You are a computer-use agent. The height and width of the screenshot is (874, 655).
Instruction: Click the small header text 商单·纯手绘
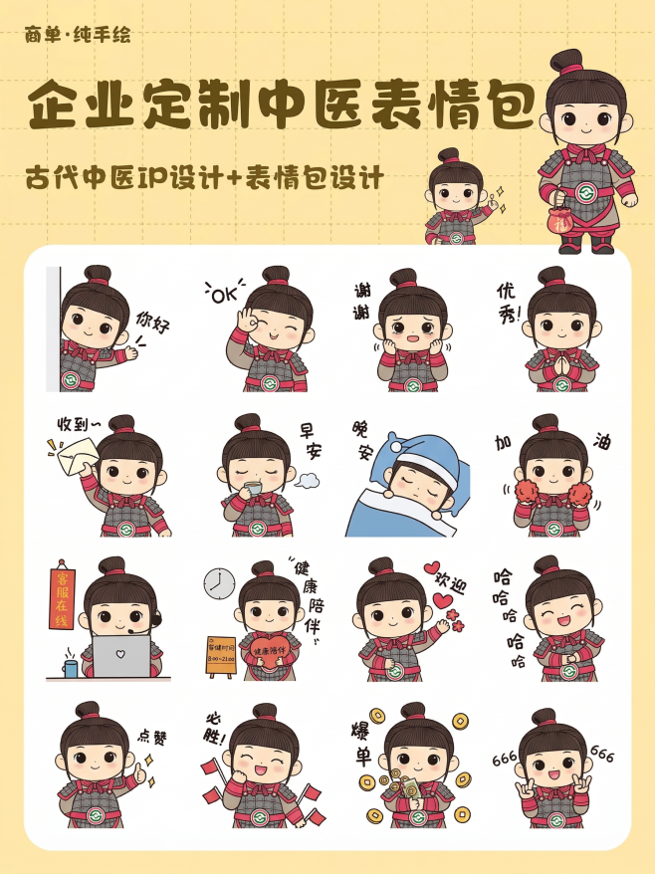(78, 37)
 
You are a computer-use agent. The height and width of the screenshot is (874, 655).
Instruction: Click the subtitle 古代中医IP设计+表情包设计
(204, 180)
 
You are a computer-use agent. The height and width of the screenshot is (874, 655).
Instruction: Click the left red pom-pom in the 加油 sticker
(526, 494)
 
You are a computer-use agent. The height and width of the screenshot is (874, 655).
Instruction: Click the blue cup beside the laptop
(71, 666)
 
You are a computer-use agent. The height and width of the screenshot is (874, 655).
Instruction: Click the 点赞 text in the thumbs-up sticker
(151, 738)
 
